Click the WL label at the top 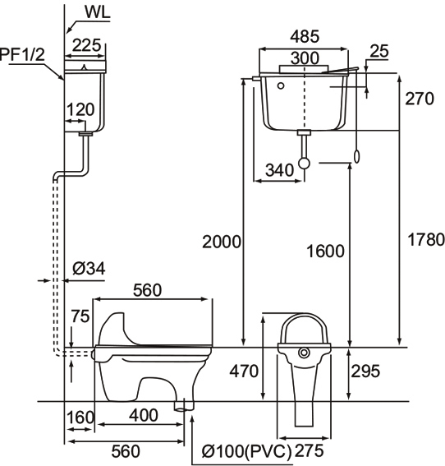tap(98, 12)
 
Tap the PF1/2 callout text tap(22, 54)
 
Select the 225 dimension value tap(87, 45)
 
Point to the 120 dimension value tap(80, 109)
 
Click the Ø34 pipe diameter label tap(89, 269)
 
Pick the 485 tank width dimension tap(305, 37)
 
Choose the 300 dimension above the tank tap(305, 58)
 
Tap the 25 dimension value tap(379, 51)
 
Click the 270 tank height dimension tap(420, 99)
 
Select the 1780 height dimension tap(426, 239)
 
